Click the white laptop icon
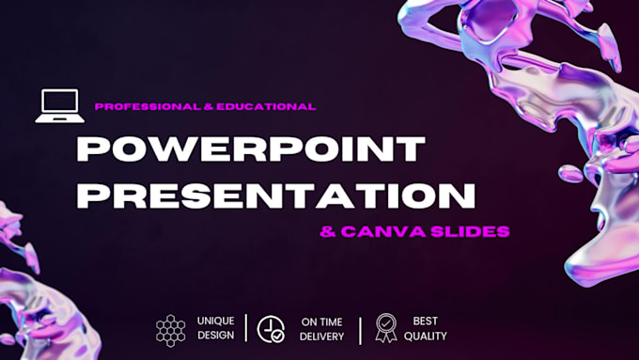point(59,106)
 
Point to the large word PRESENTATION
point(275,195)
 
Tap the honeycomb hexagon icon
point(171,329)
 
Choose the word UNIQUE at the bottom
point(216,321)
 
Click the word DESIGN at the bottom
point(216,337)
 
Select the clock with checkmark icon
point(272,328)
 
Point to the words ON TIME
point(321,321)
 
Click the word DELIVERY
point(322,337)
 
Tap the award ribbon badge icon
point(385,327)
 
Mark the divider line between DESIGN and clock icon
point(246,328)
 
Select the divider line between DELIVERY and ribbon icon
point(360,329)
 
